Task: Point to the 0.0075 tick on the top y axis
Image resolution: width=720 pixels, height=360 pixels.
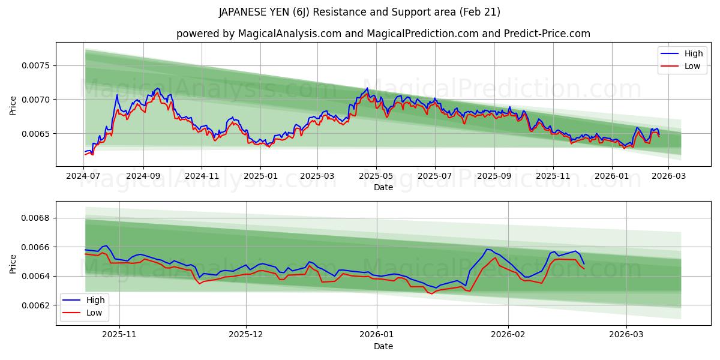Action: [x=37, y=65]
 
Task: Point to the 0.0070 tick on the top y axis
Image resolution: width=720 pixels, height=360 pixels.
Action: [x=37, y=100]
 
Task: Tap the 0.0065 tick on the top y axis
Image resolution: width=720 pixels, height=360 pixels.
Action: [x=37, y=133]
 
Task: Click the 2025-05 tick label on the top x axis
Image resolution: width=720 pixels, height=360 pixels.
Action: [x=376, y=176]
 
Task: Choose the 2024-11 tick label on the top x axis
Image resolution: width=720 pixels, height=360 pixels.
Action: [x=202, y=176]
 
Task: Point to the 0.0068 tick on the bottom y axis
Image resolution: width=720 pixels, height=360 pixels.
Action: [x=37, y=218]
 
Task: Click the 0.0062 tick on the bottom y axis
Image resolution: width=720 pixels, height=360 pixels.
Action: [x=37, y=305]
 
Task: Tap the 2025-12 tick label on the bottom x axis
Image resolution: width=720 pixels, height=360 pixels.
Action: [x=246, y=335]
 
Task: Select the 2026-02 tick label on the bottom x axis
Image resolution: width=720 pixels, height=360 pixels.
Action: [x=508, y=335]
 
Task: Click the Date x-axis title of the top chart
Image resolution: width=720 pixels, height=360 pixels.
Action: [x=383, y=187]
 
